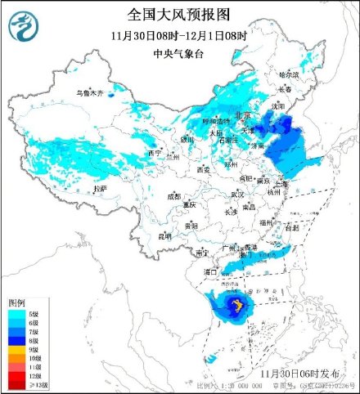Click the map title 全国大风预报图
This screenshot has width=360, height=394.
[179, 14]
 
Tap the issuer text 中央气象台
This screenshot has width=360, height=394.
[179, 54]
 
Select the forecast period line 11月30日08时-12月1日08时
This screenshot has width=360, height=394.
[179, 36]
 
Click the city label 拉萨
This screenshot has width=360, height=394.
[100, 188]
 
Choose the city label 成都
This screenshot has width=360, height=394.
[174, 196]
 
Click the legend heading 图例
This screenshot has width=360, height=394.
[17, 302]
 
